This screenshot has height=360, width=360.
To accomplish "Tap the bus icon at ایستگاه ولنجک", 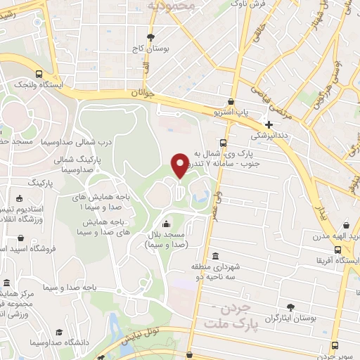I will point(39,73).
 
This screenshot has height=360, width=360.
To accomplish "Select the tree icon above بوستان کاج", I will point(150,37).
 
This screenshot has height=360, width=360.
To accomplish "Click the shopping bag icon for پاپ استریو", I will point(232,102).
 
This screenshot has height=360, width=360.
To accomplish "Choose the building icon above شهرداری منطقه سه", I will point(214,256).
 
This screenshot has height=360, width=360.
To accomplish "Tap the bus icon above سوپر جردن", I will point(335,345).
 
